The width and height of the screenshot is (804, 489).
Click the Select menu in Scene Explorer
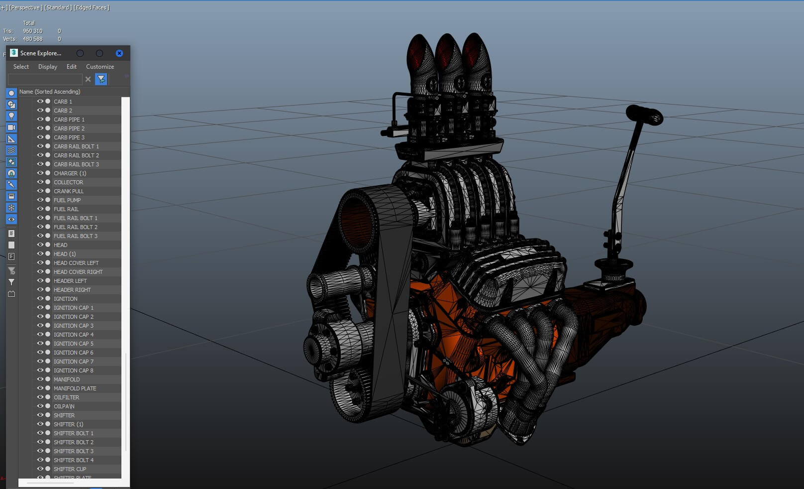point(21,67)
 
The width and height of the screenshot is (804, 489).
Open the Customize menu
point(100,67)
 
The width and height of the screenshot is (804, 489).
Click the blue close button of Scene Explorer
point(119,53)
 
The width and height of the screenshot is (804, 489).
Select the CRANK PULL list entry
point(69,191)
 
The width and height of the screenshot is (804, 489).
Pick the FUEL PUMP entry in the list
point(67,200)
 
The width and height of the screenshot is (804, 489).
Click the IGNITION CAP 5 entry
point(73,344)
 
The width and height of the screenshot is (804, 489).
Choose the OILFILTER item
point(66,397)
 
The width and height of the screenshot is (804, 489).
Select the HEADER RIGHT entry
point(72,290)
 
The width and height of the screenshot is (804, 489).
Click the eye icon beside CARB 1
point(40,101)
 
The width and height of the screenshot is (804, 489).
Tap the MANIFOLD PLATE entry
point(75,388)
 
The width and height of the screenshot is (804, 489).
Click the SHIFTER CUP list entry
point(70,469)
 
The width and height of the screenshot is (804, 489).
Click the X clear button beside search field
point(88,79)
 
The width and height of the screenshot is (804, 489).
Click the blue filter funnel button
point(101,79)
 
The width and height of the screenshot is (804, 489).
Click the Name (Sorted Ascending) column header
point(50,92)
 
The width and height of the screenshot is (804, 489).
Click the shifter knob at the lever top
point(645,115)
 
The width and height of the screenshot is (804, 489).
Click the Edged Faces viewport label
point(92,7)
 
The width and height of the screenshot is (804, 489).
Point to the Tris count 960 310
point(32,31)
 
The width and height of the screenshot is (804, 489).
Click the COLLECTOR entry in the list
point(68,182)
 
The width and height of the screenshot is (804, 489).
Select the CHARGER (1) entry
point(70,173)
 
